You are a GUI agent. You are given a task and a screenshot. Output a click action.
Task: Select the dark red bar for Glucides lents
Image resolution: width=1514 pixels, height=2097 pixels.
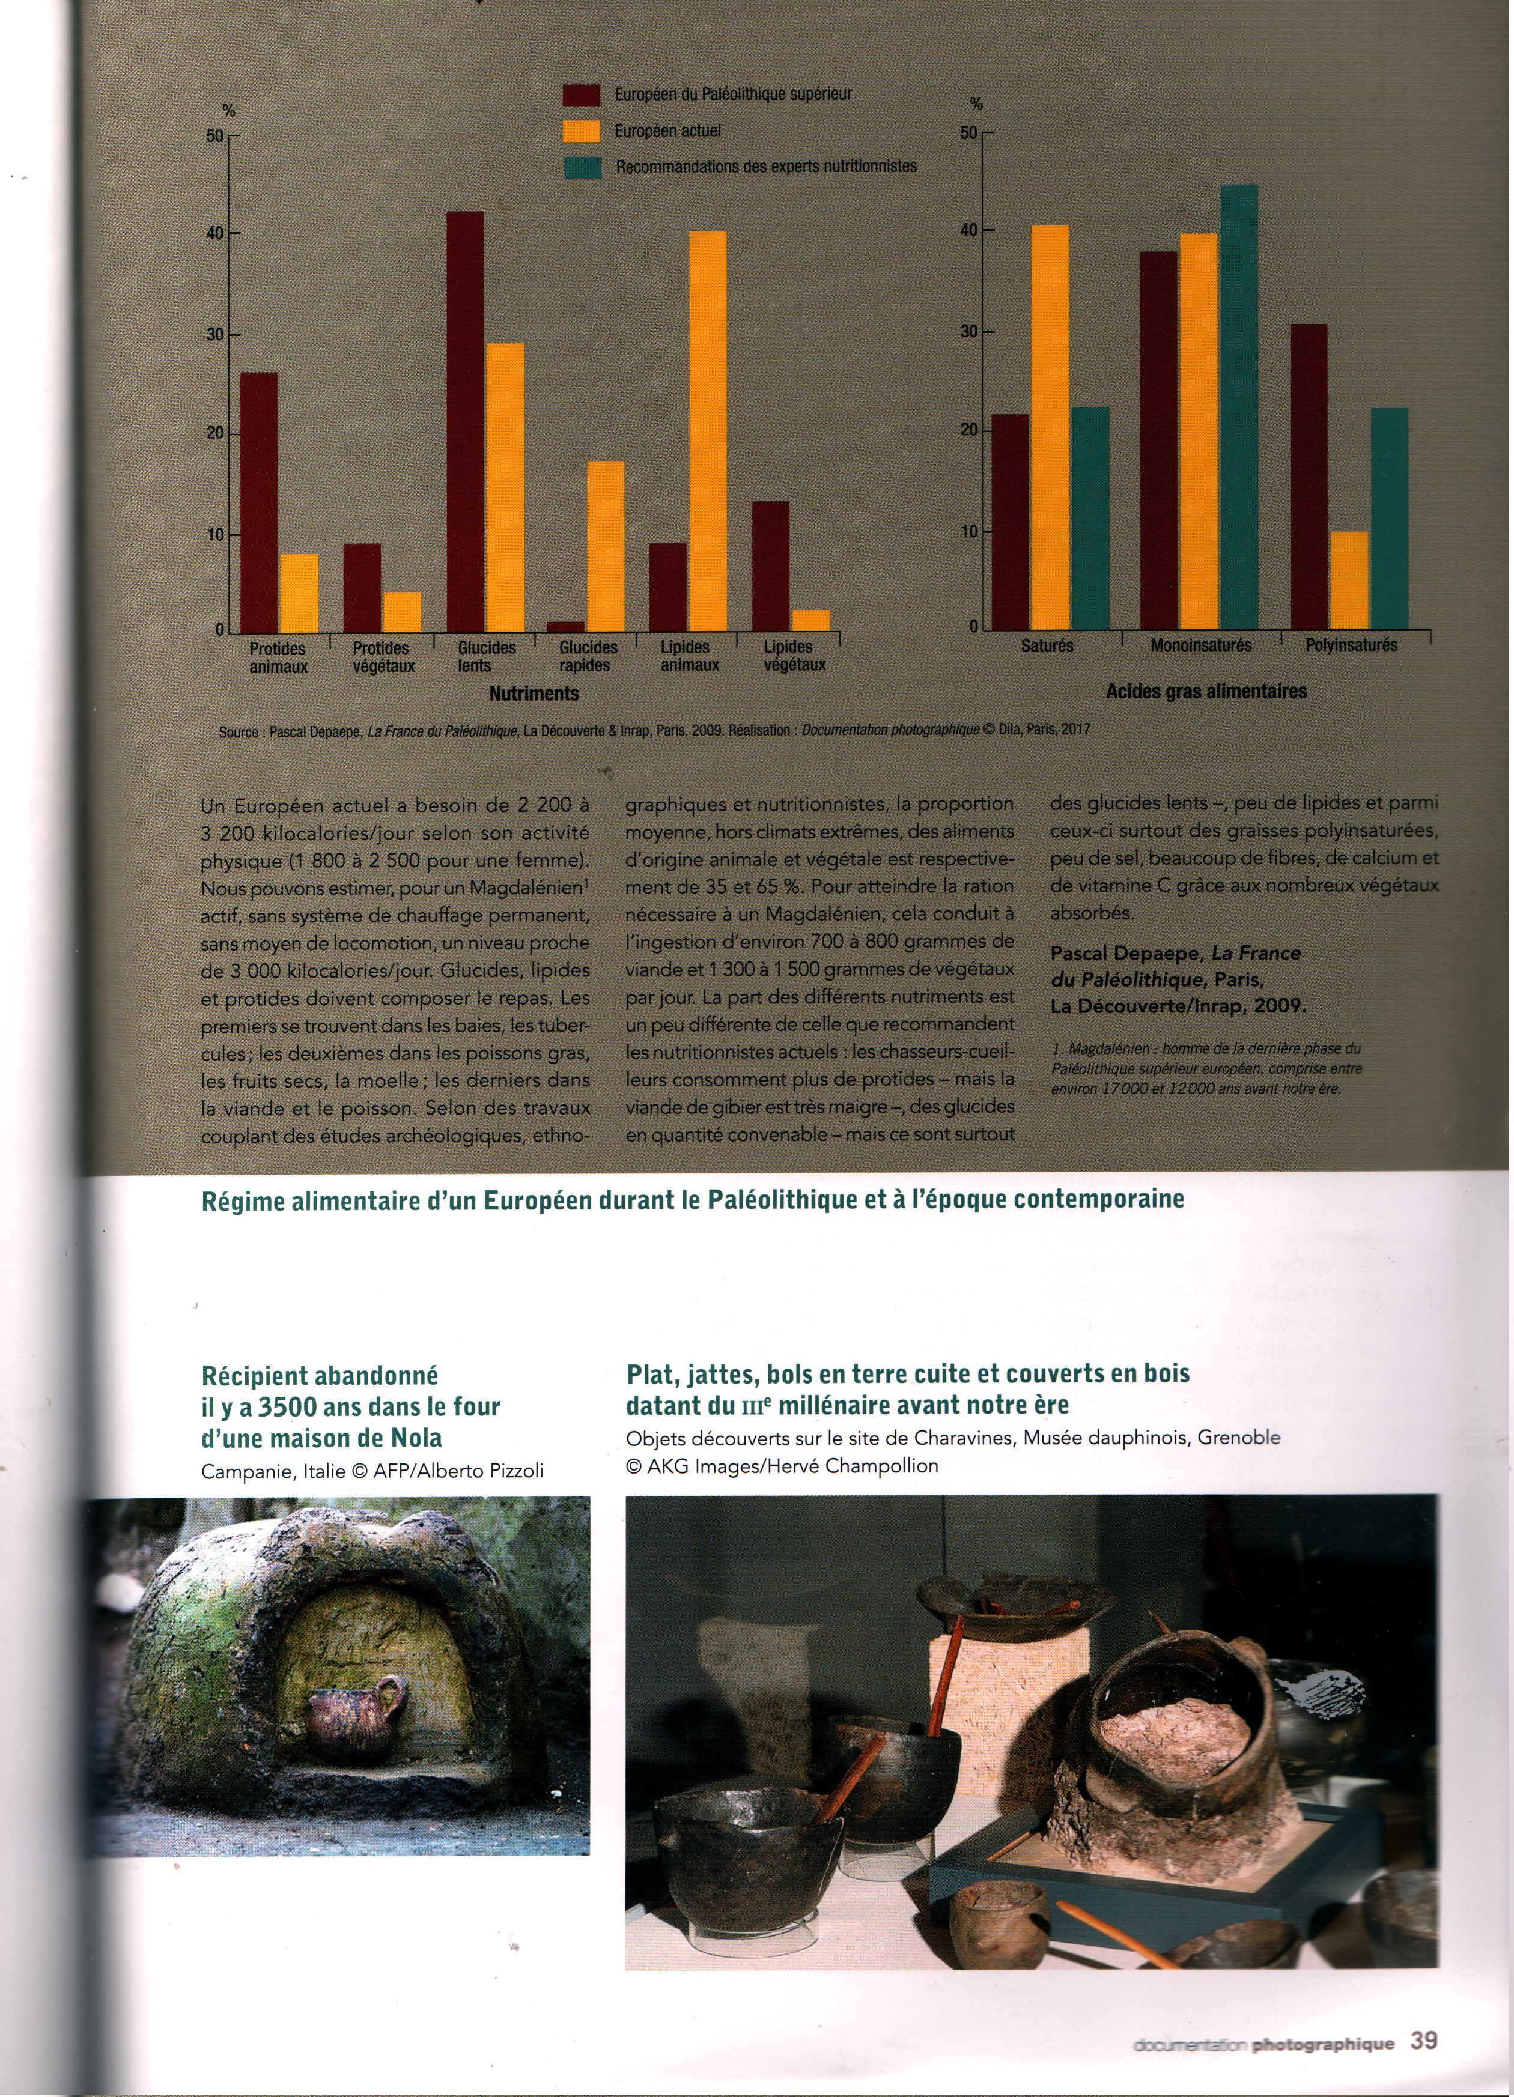point(465,422)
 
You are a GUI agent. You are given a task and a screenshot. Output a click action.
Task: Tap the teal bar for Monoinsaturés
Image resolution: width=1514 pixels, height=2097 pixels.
point(1239,407)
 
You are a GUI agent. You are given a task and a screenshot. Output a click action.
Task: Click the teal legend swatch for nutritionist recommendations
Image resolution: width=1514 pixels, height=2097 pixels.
point(583,168)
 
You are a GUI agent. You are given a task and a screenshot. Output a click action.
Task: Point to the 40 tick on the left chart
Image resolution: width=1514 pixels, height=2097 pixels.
point(216,234)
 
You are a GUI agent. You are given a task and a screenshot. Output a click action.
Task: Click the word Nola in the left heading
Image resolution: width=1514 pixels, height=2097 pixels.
point(412,1439)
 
